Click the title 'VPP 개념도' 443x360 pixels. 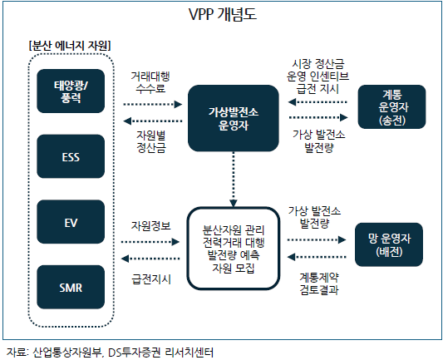(223, 14)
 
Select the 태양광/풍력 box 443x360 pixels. (71, 91)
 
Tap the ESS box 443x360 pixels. (71, 156)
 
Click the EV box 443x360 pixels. (71, 222)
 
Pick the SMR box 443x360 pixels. (71, 287)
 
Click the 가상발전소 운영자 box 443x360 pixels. (234, 118)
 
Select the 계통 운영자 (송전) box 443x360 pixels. (391, 106)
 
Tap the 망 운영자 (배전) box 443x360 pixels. (389, 244)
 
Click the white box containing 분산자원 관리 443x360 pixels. (234, 249)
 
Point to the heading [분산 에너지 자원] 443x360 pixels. (70, 46)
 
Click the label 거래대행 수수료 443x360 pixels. (150, 82)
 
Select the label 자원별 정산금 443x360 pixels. (151, 141)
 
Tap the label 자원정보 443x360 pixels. (151, 226)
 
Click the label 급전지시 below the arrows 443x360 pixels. (151, 279)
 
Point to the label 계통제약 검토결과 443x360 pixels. (319, 284)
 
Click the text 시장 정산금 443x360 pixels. (318, 64)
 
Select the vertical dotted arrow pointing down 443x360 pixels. (234, 180)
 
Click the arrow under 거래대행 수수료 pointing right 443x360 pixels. (153, 104)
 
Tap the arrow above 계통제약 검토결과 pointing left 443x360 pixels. (317, 257)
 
